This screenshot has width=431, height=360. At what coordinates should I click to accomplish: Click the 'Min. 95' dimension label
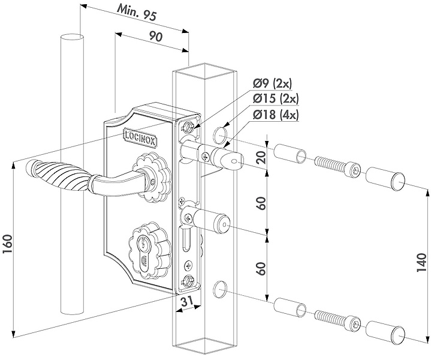pyautogui.click(x=137, y=13)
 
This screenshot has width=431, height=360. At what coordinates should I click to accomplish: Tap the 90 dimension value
pyautogui.click(x=156, y=37)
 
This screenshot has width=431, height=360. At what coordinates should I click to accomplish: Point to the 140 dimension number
pyautogui.click(x=421, y=263)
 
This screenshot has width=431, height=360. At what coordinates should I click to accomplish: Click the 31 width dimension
pyautogui.click(x=187, y=302)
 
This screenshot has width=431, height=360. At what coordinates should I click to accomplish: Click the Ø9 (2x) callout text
pyautogui.click(x=272, y=83)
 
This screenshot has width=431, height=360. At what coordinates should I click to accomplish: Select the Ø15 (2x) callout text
pyautogui.click(x=275, y=99)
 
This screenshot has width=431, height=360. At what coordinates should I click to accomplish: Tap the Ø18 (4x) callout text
pyautogui.click(x=275, y=115)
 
